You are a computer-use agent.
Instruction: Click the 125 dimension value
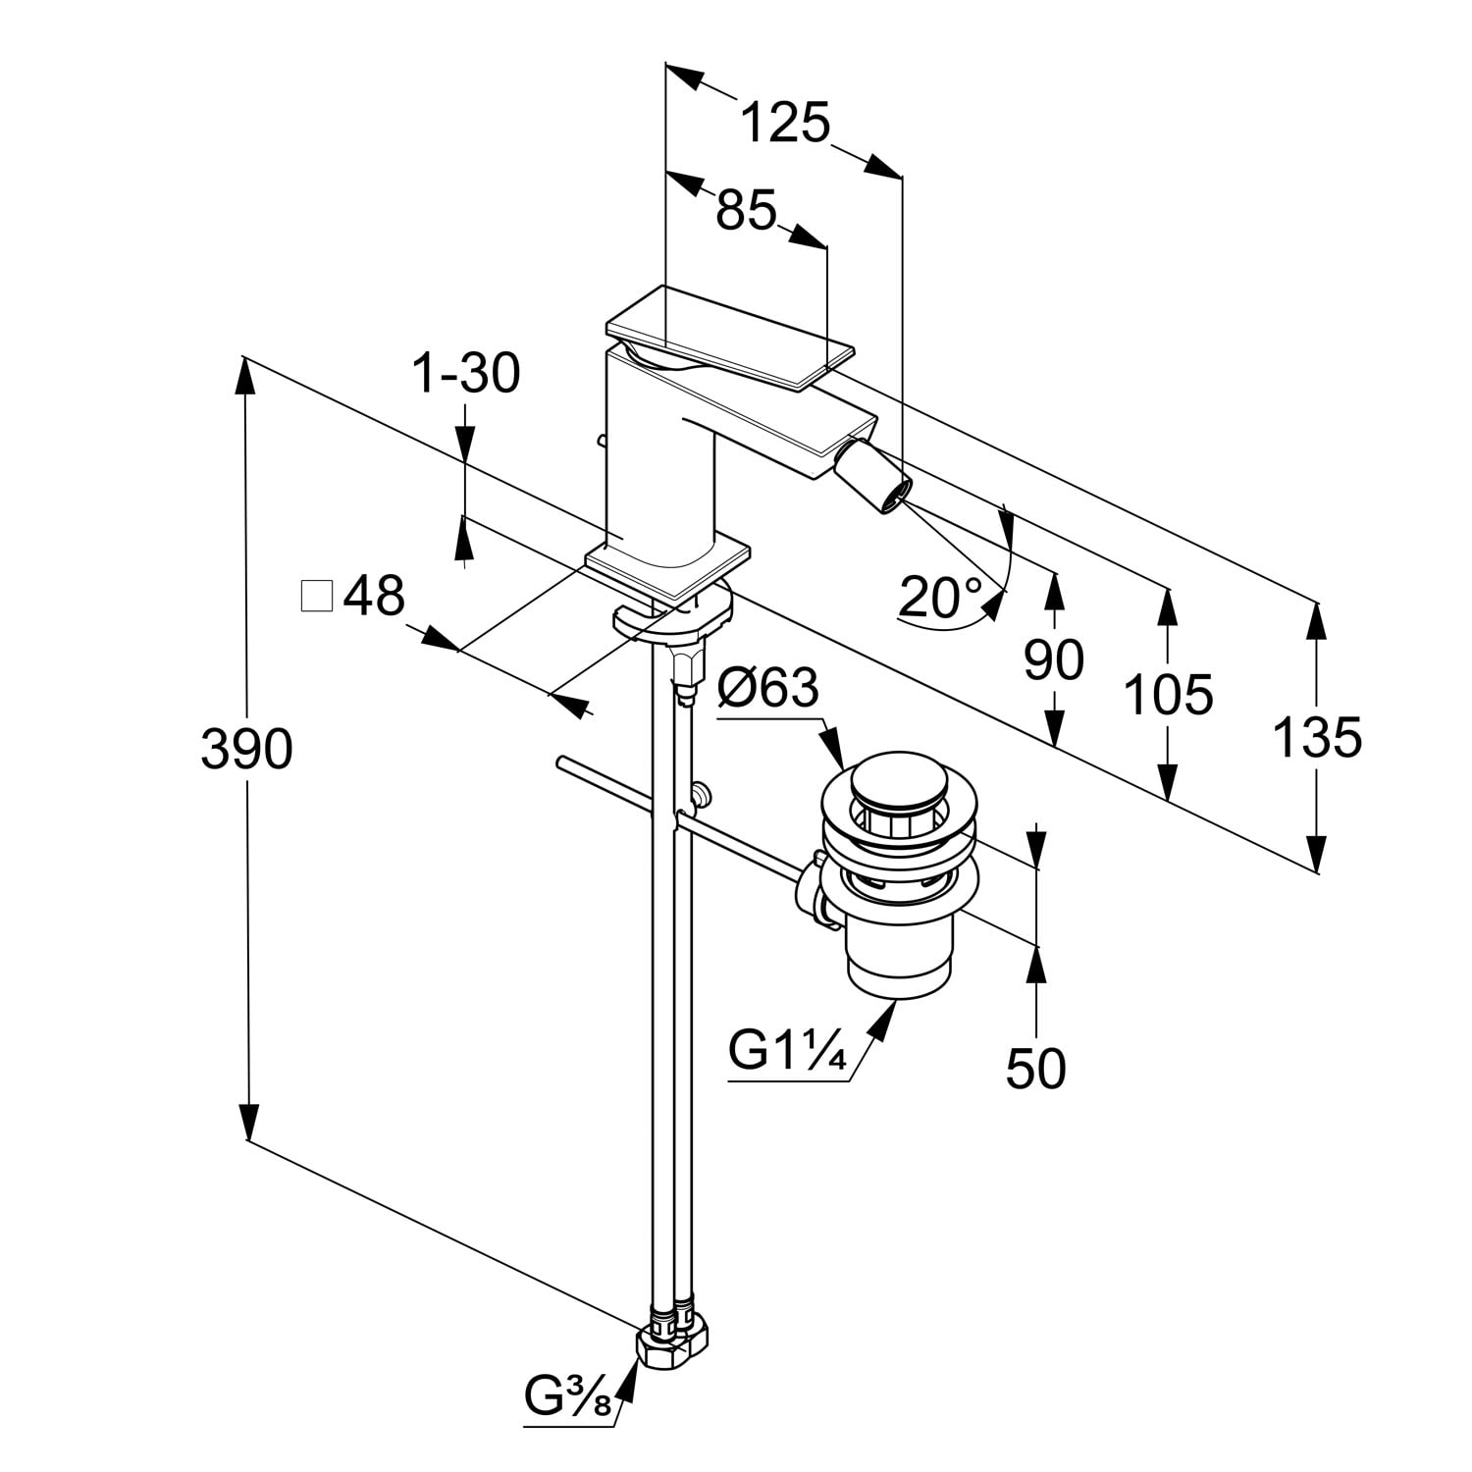pyautogui.click(x=785, y=124)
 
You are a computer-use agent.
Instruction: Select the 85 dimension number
pyautogui.click(x=746, y=209)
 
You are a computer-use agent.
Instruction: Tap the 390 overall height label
pyautogui.click(x=246, y=750)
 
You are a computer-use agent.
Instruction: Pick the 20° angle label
pyautogui.click(x=941, y=596)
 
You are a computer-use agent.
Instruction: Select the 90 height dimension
pyautogui.click(x=1054, y=660)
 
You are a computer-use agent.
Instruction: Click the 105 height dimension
pyautogui.click(x=1168, y=695)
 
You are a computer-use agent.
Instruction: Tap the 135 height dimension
pyautogui.click(x=1317, y=737)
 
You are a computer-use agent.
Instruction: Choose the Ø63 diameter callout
pyautogui.click(x=767, y=689)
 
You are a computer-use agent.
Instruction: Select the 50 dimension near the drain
pyautogui.click(x=1035, y=1068)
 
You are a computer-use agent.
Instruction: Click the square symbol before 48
pyautogui.click(x=317, y=597)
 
